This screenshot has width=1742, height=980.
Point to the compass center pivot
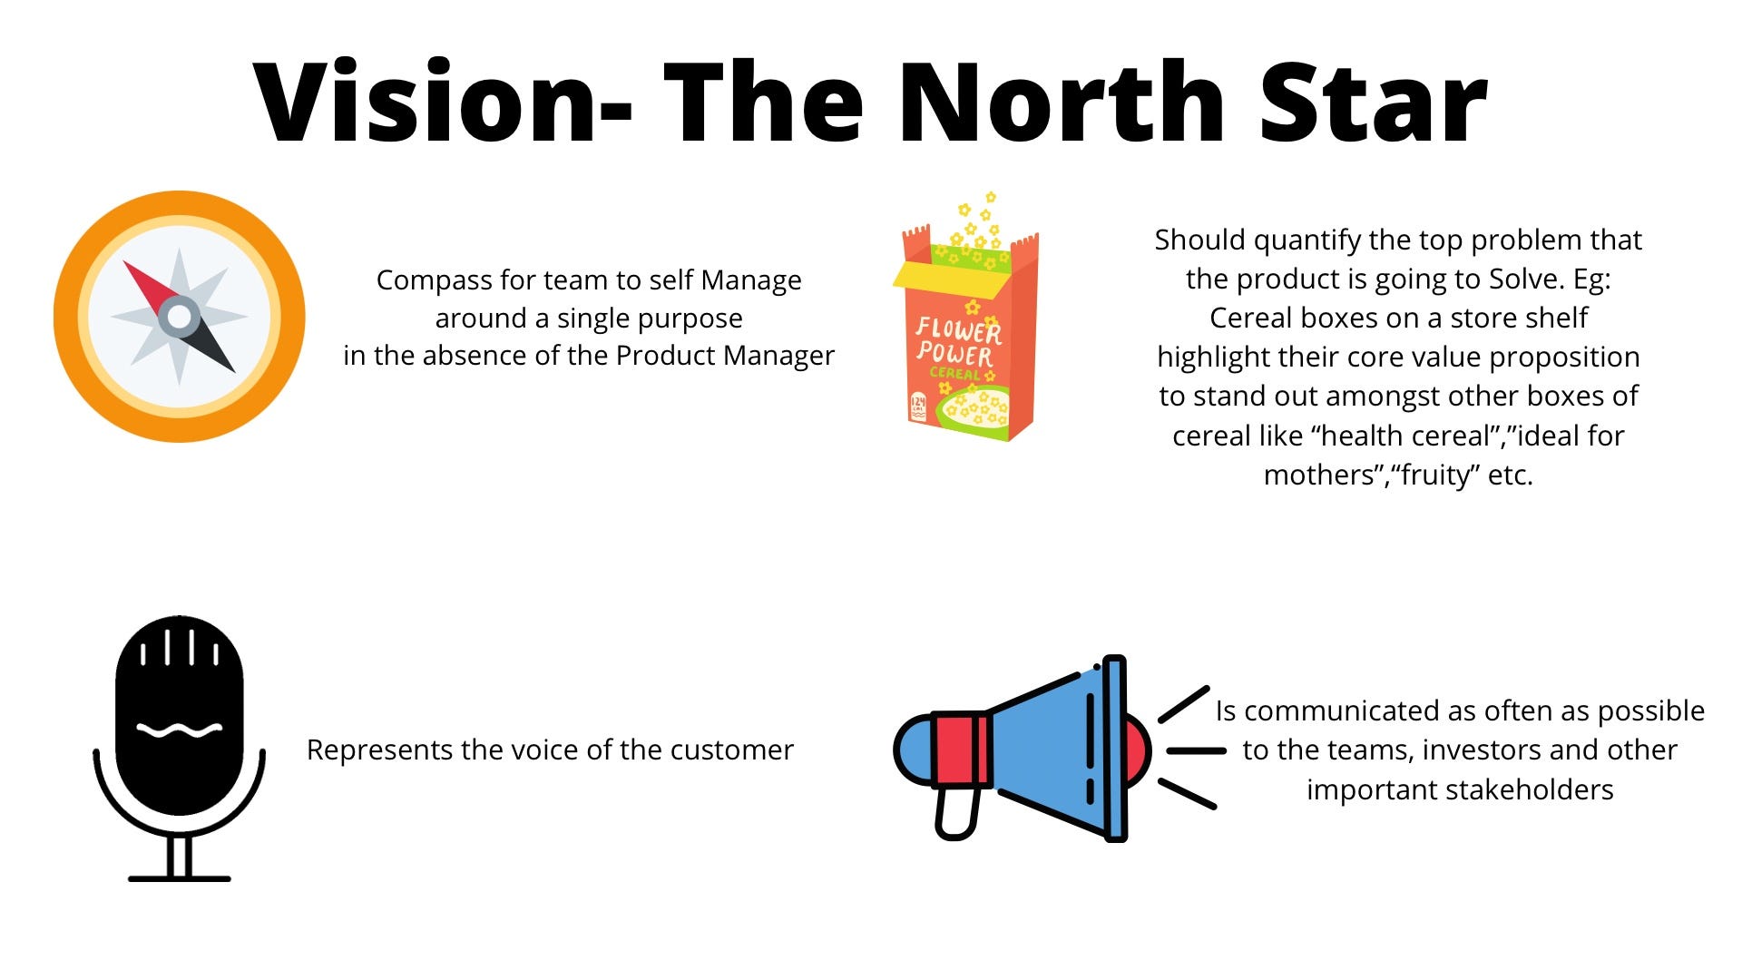179,316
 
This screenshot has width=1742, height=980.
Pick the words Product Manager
725,355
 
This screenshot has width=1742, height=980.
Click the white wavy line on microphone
179,730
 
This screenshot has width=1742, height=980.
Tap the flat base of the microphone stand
179,878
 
